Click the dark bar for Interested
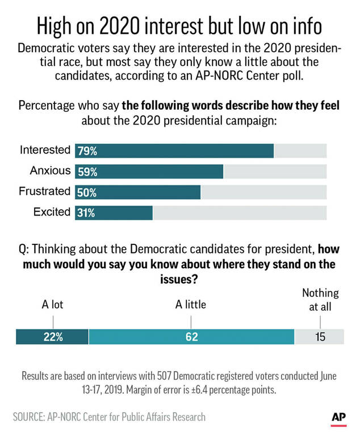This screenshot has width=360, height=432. click(174, 151)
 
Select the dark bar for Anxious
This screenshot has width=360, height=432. click(149, 172)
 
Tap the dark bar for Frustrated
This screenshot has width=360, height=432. click(137, 192)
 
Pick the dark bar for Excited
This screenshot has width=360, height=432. click(114, 213)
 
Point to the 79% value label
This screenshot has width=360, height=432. click(87, 151)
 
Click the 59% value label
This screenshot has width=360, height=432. click(87, 172)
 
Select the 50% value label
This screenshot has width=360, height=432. click(87, 193)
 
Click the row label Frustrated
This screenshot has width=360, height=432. click(44, 191)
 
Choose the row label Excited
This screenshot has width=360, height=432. click(52, 212)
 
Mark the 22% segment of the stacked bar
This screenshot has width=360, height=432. click(53, 337)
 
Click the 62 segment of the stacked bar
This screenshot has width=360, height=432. click(191, 337)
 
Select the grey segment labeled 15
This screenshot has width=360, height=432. click(320, 337)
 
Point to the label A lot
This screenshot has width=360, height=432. click(53, 305)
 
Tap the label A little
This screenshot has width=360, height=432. click(190, 305)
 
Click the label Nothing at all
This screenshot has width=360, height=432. click(320, 300)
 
